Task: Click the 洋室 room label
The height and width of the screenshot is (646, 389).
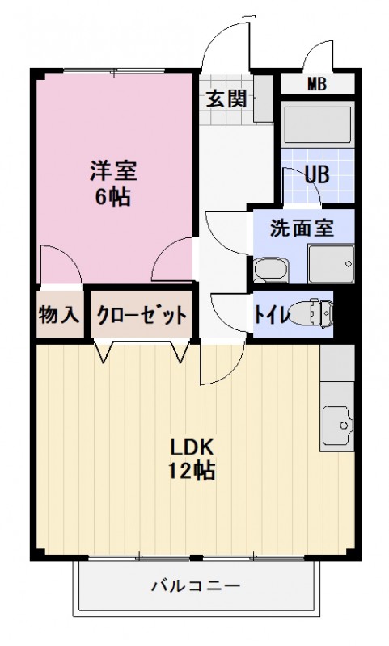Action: pos(112,171)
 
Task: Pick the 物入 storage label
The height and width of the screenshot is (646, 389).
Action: pos(59,315)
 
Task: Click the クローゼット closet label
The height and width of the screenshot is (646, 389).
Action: pos(142,315)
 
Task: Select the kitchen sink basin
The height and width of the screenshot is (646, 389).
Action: pos(337,422)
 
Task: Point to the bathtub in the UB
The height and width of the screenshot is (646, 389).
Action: pos(317,126)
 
